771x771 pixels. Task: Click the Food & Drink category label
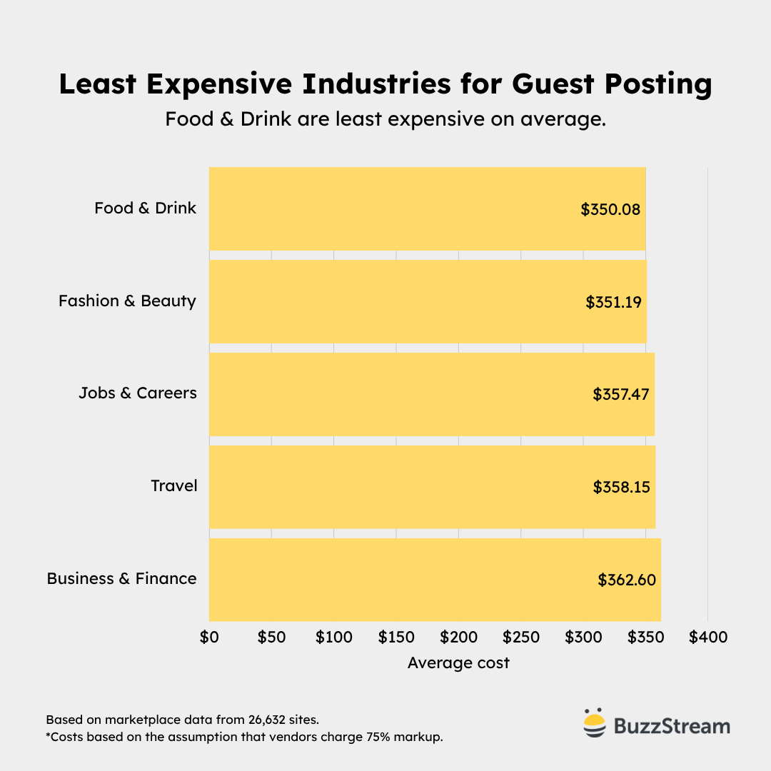145,208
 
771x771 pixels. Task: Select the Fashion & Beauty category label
127,301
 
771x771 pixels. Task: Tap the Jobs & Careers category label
137,393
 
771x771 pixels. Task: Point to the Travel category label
174,485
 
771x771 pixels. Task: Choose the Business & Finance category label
121,578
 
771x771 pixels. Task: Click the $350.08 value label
610,209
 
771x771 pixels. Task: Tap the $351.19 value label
614,302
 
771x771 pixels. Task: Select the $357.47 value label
621,394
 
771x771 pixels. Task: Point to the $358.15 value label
622,487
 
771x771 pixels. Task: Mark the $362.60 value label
627,580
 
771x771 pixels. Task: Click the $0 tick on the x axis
208,637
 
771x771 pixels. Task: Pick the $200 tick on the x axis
458,637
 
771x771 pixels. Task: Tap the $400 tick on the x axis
708,637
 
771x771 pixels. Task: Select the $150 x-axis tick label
396,637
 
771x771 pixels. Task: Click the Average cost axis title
458,662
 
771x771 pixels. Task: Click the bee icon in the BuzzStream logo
593,724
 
